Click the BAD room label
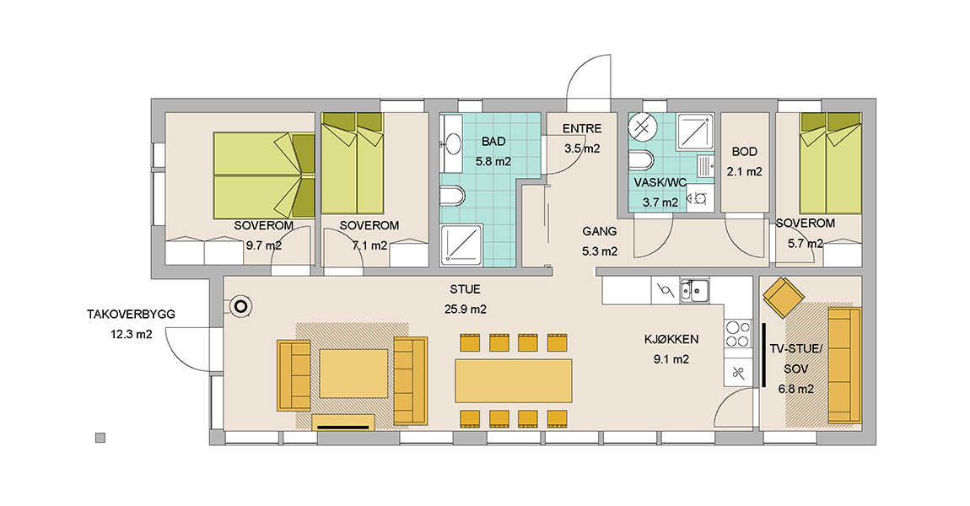point(493,142)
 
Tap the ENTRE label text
point(581,129)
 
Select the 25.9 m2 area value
point(466,310)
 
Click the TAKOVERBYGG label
point(131,315)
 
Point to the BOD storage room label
point(744,152)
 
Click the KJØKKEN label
point(671,340)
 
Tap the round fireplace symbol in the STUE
point(240,306)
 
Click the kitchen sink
point(695,290)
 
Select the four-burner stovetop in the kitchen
point(738,334)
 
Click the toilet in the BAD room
point(452,196)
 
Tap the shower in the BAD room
point(461,245)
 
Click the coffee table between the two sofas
point(353,373)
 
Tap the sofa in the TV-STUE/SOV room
point(844,365)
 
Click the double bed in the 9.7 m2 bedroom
point(263,175)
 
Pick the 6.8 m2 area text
point(795,389)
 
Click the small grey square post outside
point(100,438)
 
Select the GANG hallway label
point(600,231)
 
